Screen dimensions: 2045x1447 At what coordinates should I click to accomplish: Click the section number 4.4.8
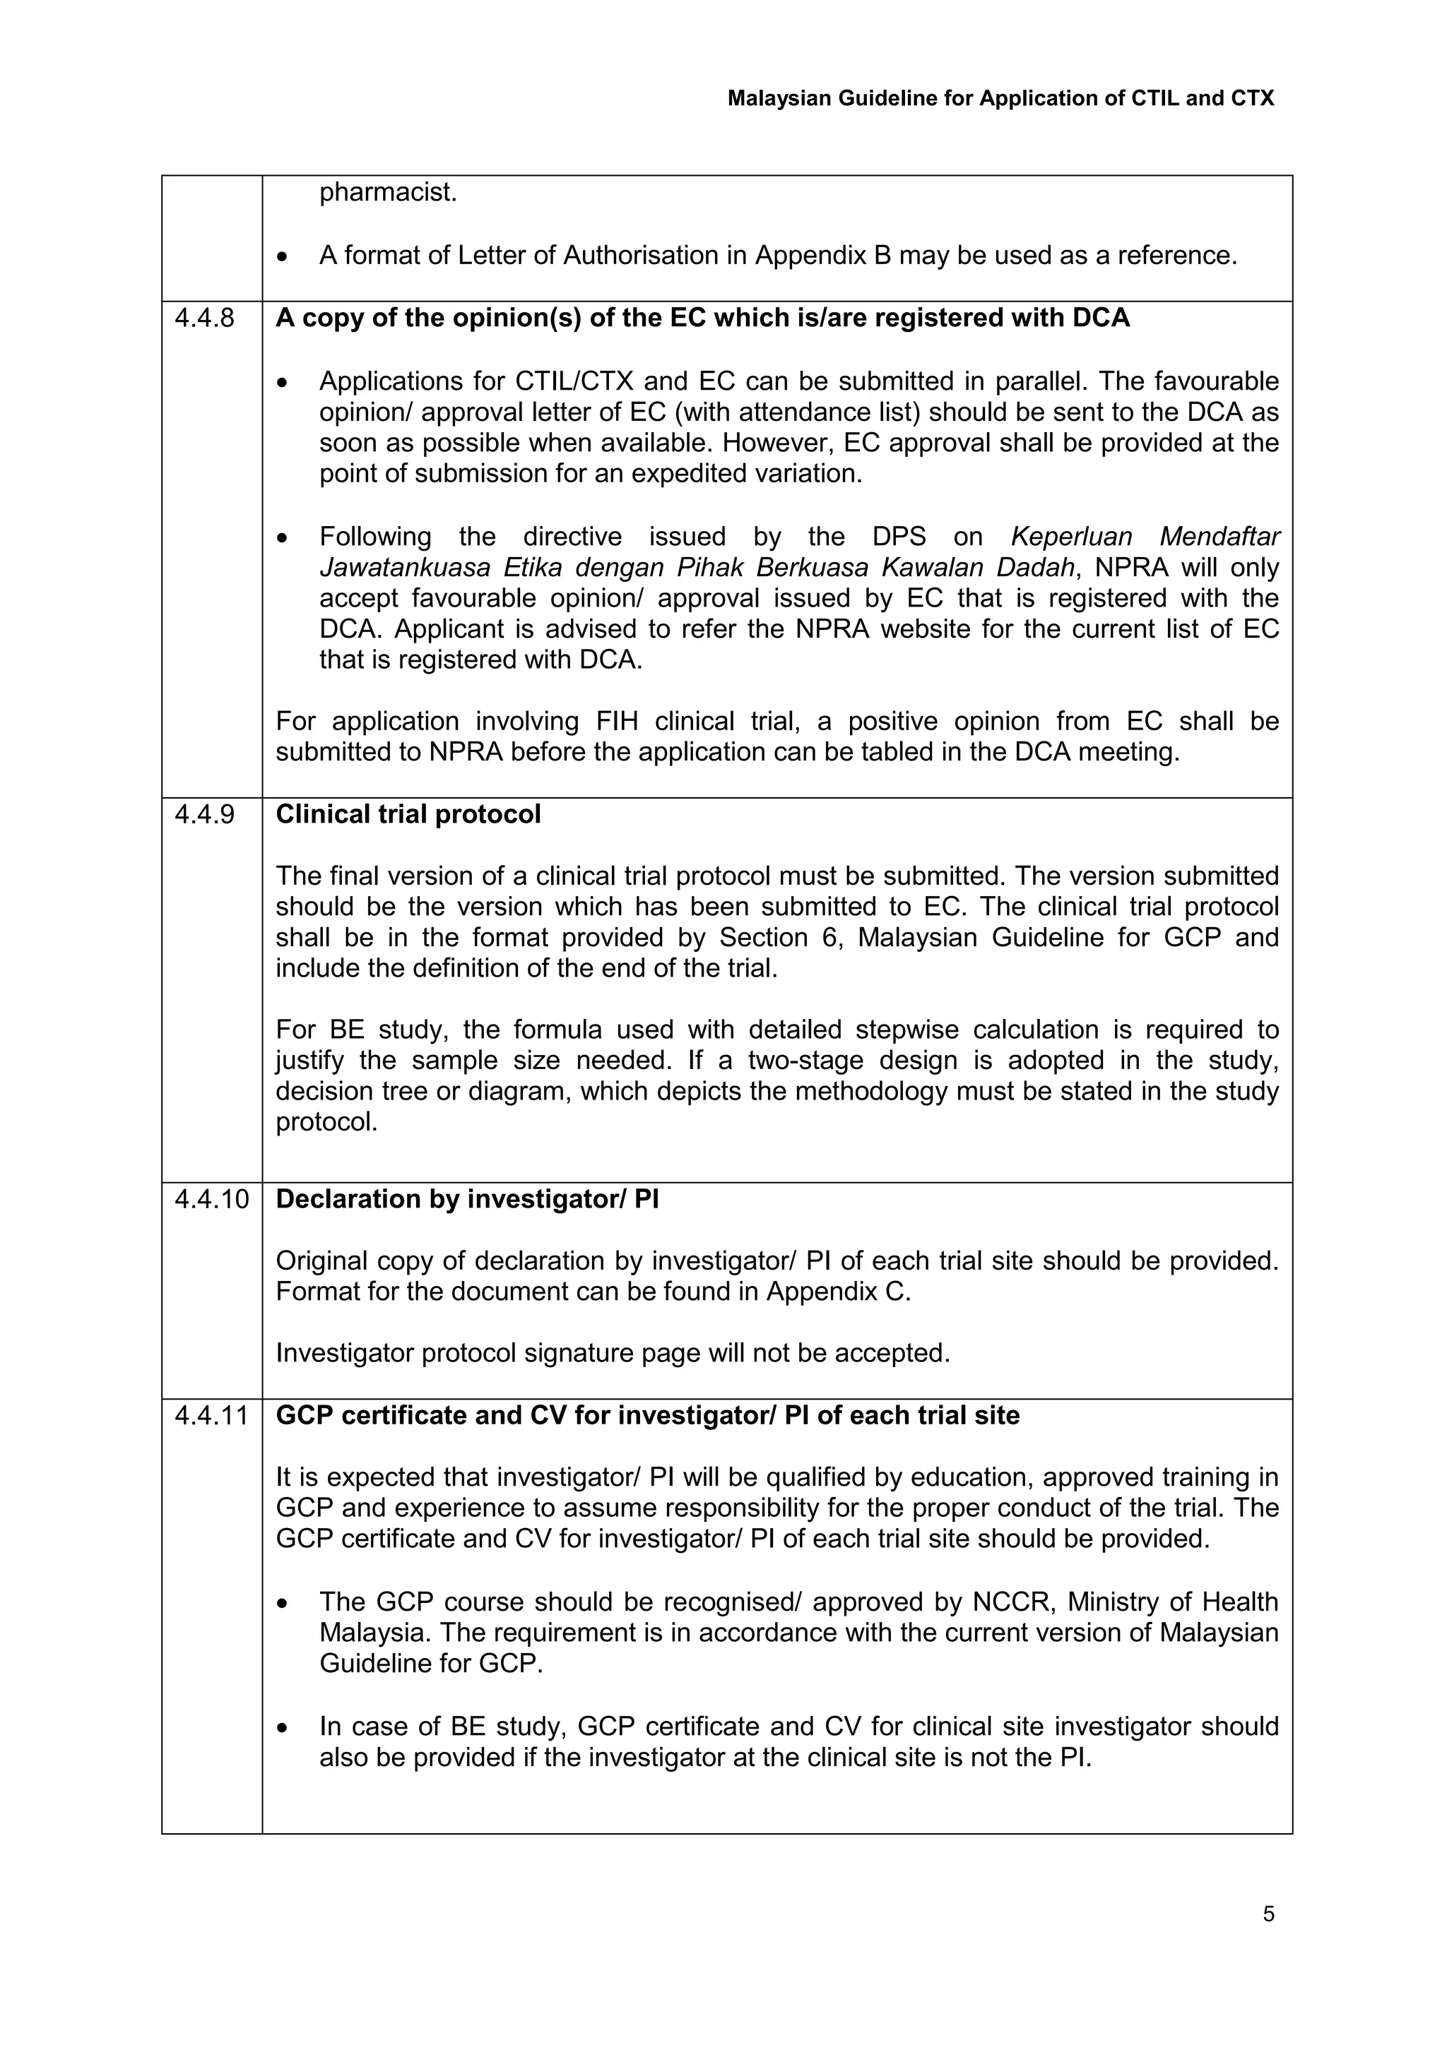tap(205, 318)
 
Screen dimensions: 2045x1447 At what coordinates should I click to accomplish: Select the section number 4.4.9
tap(205, 814)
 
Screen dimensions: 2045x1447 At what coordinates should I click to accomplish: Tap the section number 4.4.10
tap(212, 1199)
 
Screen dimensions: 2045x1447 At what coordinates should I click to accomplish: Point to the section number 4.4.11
tap(212, 1415)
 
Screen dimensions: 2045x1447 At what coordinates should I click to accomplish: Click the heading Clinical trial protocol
tap(408, 814)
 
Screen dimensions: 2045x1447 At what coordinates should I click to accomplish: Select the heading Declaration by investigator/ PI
tap(467, 1199)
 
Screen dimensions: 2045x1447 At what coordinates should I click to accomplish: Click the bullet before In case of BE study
tap(283, 1728)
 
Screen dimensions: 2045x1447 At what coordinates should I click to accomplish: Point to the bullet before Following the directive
tap(283, 538)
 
